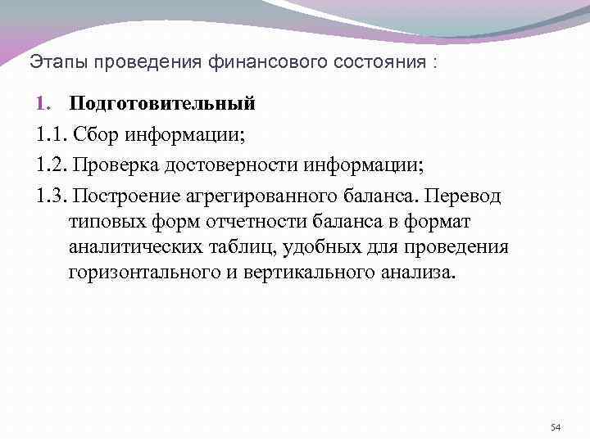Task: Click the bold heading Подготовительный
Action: (x=162, y=104)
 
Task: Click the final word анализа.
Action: (x=420, y=273)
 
